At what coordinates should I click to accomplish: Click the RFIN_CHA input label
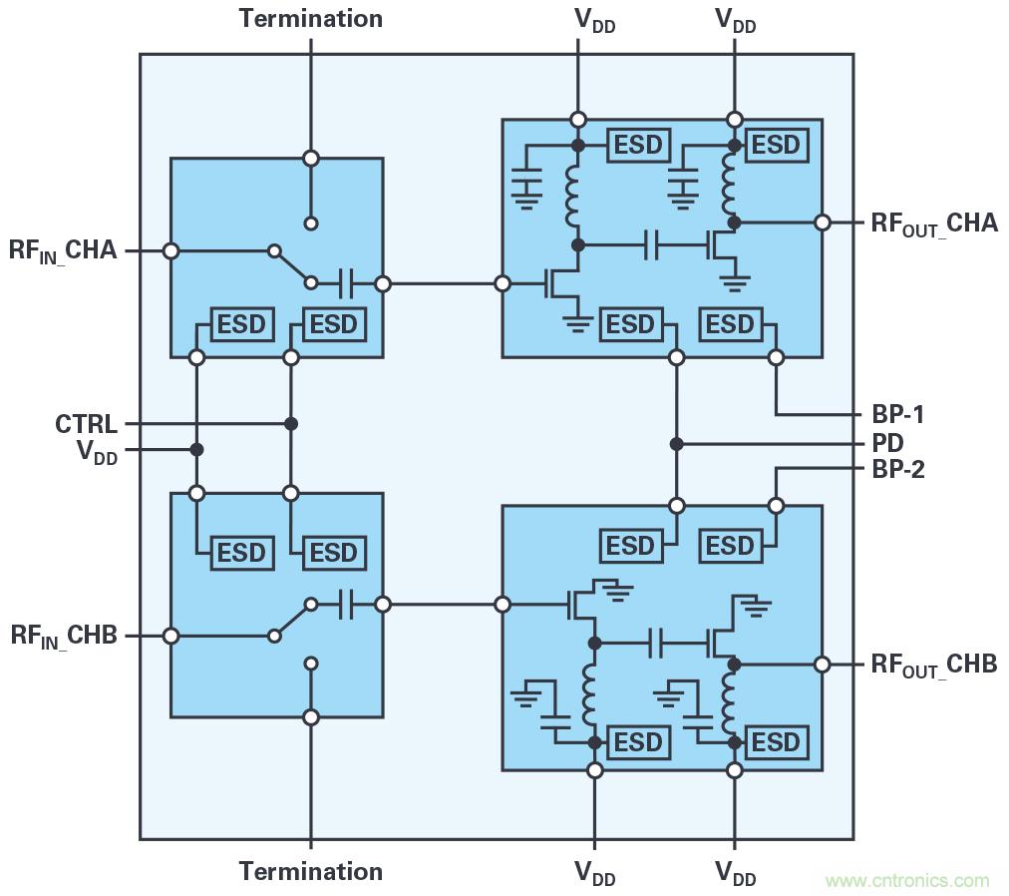click(x=62, y=250)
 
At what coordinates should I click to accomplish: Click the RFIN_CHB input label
click(x=64, y=636)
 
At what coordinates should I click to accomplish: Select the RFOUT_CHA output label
click(x=933, y=224)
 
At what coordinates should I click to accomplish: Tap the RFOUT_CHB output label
click(x=933, y=666)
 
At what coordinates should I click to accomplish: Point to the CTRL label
click(x=86, y=425)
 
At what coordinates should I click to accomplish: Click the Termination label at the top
click(x=310, y=19)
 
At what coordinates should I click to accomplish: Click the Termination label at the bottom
click(x=310, y=871)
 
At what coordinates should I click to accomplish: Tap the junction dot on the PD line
click(x=677, y=444)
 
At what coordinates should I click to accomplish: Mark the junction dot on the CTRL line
click(x=291, y=424)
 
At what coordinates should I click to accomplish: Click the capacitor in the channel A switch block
click(x=345, y=284)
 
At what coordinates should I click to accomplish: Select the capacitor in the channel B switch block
click(x=345, y=605)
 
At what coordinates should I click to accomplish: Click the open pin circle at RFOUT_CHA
click(x=823, y=223)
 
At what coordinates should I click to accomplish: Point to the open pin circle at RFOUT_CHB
click(x=823, y=665)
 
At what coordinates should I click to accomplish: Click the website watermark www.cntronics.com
click(x=907, y=880)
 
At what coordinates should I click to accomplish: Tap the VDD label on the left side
click(x=97, y=451)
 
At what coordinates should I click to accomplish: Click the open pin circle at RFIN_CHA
click(x=171, y=251)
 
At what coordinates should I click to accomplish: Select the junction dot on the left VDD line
click(x=197, y=450)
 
